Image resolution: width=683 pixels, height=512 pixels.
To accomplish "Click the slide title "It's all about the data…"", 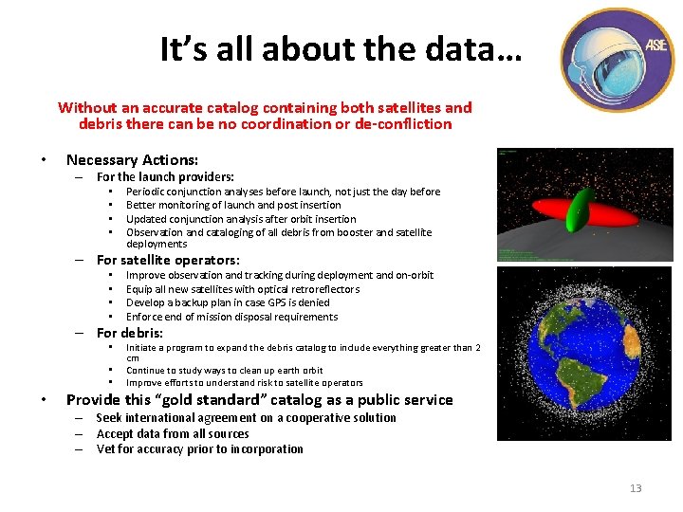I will (341, 48).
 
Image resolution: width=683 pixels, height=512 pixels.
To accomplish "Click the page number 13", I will (635, 488).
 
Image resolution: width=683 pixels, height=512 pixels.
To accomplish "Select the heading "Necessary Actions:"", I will (131, 160).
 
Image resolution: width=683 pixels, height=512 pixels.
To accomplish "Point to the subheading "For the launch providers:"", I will (165, 176).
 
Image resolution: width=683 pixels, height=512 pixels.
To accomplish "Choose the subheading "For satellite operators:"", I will (168, 260).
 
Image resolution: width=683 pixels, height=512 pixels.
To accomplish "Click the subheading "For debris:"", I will (130, 333).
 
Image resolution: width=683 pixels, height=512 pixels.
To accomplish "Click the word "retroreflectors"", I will (324, 289).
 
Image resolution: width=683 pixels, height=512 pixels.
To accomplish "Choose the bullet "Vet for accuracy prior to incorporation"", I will (199, 449).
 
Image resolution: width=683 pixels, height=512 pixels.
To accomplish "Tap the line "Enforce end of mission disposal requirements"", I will (231, 317).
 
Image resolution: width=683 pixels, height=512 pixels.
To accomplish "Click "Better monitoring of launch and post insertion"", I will (233, 205).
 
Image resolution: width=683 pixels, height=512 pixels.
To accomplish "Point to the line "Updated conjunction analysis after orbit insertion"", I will (241, 219).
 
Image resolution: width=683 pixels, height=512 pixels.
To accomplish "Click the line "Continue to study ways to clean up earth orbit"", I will (224, 371).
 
